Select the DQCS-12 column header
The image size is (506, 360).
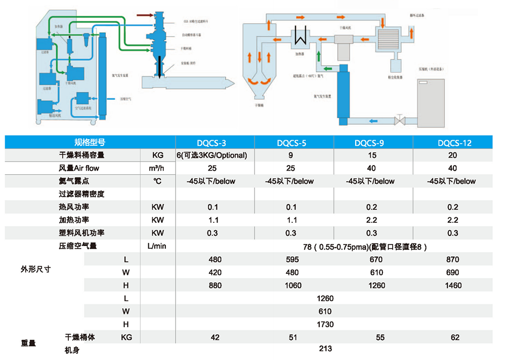(453, 143)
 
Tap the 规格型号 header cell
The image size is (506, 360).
(90, 142)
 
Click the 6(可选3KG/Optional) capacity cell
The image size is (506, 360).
(212, 155)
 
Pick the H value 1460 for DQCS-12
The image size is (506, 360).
(453, 285)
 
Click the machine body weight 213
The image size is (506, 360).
(325, 349)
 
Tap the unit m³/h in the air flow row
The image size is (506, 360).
(157, 168)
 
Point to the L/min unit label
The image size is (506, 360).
(157, 246)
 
